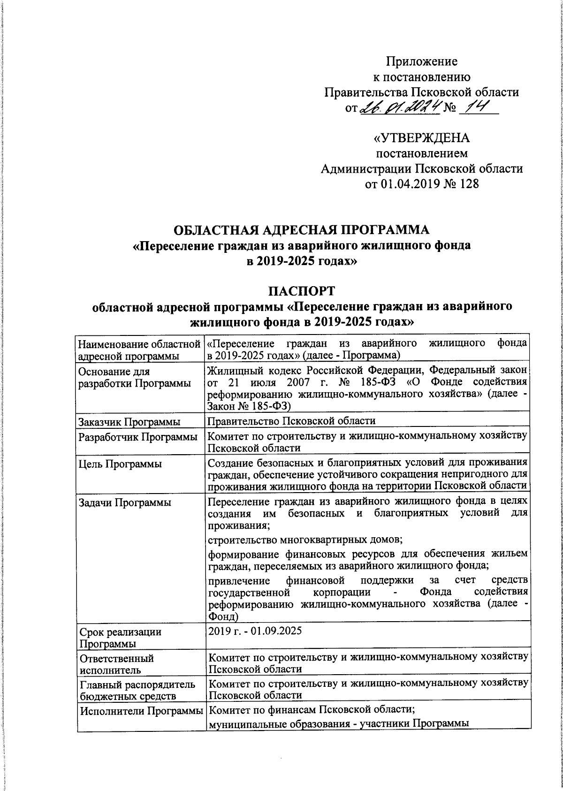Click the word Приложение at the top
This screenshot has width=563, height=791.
click(x=422, y=61)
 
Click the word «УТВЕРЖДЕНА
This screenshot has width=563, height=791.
click(x=421, y=139)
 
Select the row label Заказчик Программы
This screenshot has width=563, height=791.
click(x=130, y=422)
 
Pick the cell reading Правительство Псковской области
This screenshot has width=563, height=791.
click(x=292, y=421)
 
